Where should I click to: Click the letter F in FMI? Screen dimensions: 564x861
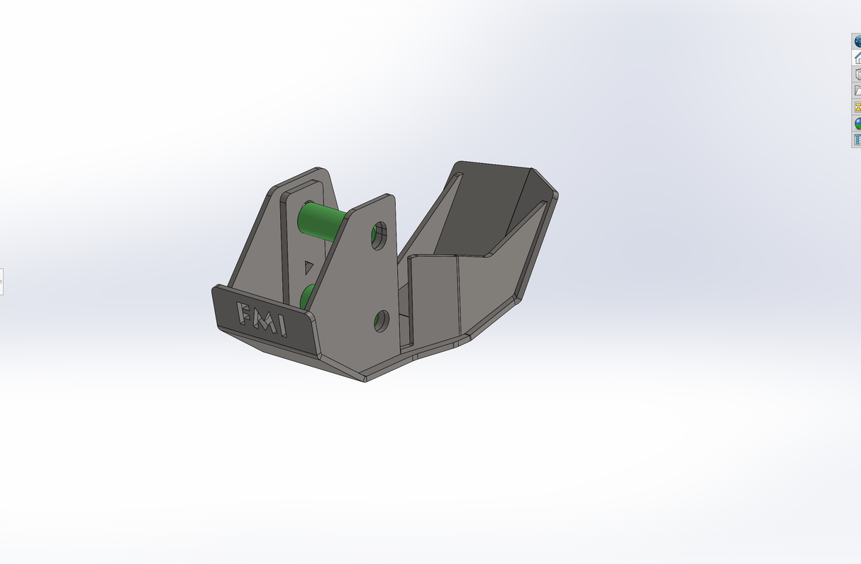coord(243,313)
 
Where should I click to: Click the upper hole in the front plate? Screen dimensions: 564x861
coord(379,233)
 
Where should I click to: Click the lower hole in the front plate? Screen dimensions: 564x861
coord(381,321)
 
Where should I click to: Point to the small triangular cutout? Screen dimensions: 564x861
coord(309,267)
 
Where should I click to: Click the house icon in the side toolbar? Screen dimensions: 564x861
coord(857,57)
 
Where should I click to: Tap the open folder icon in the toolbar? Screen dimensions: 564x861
coord(857,90)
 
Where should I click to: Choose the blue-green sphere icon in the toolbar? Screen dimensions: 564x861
coord(857,123)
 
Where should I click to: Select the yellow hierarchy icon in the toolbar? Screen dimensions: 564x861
coord(857,107)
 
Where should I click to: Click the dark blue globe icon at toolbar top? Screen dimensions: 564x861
coord(857,41)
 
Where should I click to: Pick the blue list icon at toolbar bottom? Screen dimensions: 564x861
coord(857,140)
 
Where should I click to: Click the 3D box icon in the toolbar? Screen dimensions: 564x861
coord(857,74)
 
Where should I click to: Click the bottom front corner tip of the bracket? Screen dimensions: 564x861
coord(365,380)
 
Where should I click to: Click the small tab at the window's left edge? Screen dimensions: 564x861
coord(1,282)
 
